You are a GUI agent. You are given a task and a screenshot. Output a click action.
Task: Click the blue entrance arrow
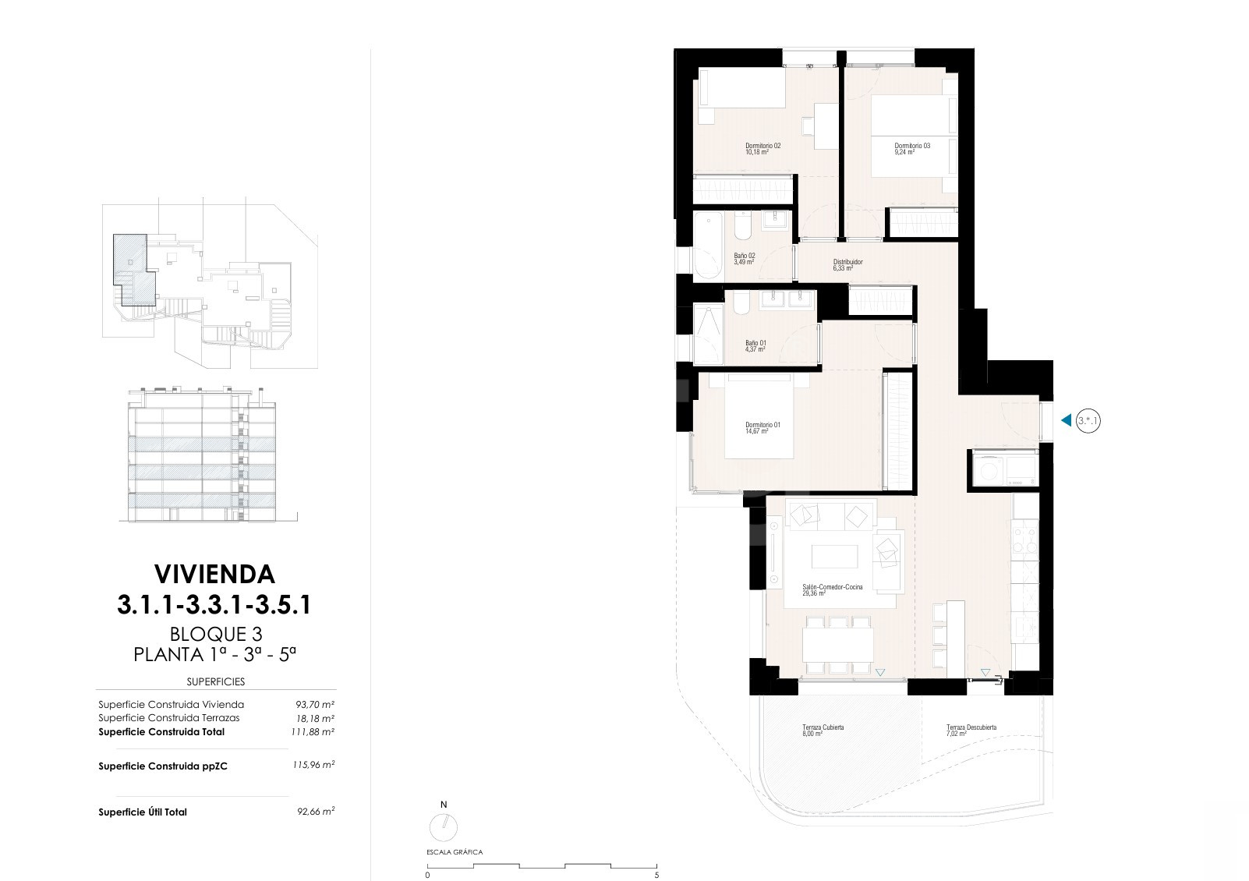1066,420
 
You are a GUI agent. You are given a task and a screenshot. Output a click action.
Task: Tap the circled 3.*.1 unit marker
1088,420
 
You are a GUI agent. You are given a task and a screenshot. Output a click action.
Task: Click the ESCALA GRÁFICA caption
455,852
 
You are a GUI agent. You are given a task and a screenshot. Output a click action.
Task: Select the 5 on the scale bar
656,876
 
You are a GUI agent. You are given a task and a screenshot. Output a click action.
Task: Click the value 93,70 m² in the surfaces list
315,705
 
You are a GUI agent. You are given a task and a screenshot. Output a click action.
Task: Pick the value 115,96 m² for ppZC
313,765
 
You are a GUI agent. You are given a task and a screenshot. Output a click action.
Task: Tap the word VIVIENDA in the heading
214,575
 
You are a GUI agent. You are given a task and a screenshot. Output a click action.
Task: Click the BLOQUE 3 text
216,634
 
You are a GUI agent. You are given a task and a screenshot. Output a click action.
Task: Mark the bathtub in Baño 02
708,246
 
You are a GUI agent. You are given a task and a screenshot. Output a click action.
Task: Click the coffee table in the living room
835,557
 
